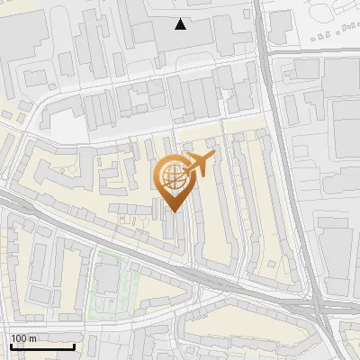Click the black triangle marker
(x=181, y=24)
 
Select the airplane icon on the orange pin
(x=197, y=165)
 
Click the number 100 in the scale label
(x=19, y=338)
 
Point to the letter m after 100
(x=33, y=338)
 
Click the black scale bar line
(x=41, y=346)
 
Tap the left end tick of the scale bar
(x=10, y=345)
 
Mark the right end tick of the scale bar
(x=74, y=345)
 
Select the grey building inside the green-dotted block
(x=107, y=280)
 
